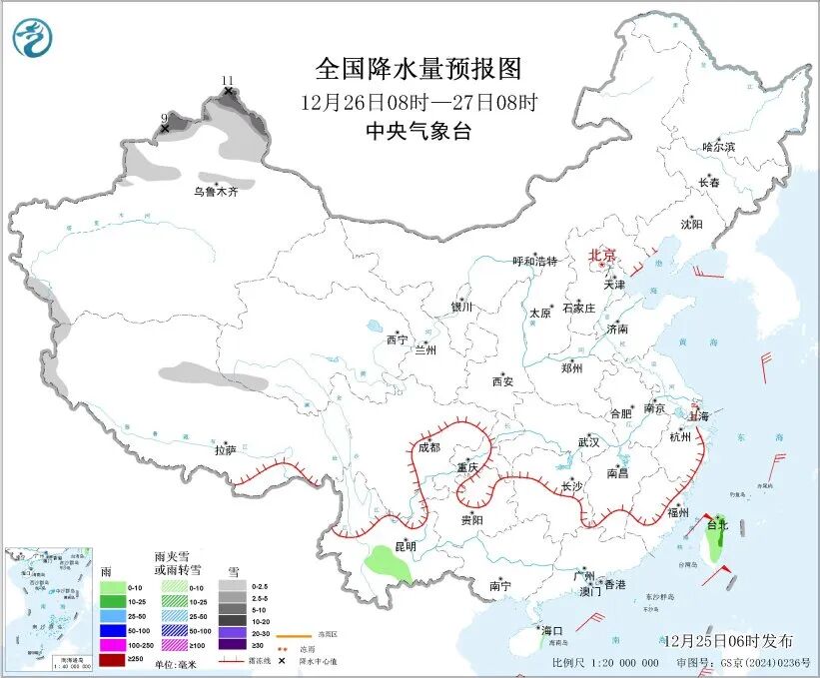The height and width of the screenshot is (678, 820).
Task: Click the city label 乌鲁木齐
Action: [x=216, y=191]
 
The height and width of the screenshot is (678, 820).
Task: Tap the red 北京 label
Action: [x=603, y=255]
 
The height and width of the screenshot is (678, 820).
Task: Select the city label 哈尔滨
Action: [x=718, y=147]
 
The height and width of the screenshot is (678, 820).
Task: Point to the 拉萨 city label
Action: [x=225, y=450]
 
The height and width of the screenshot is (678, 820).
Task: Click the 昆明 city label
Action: [x=406, y=545]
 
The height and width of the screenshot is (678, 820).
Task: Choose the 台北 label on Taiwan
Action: [x=717, y=523]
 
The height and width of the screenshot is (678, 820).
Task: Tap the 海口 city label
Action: [x=552, y=631]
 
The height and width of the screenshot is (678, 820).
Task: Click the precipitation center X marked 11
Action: [x=228, y=91]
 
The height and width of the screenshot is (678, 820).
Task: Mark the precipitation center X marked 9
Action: [x=165, y=128]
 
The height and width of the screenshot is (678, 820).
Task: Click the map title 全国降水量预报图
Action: [x=418, y=68]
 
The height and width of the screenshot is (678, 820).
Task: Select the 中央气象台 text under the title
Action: [x=418, y=131]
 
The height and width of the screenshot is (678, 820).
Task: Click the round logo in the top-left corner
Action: [x=33, y=38]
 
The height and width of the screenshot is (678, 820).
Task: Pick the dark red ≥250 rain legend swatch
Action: [x=111, y=660]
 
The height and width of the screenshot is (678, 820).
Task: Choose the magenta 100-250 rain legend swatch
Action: [x=111, y=645]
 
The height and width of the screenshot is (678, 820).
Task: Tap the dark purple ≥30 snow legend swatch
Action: [x=233, y=645]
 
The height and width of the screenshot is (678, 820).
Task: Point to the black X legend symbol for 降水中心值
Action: [x=283, y=661]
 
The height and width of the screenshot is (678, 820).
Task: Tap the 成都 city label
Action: [x=428, y=447]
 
